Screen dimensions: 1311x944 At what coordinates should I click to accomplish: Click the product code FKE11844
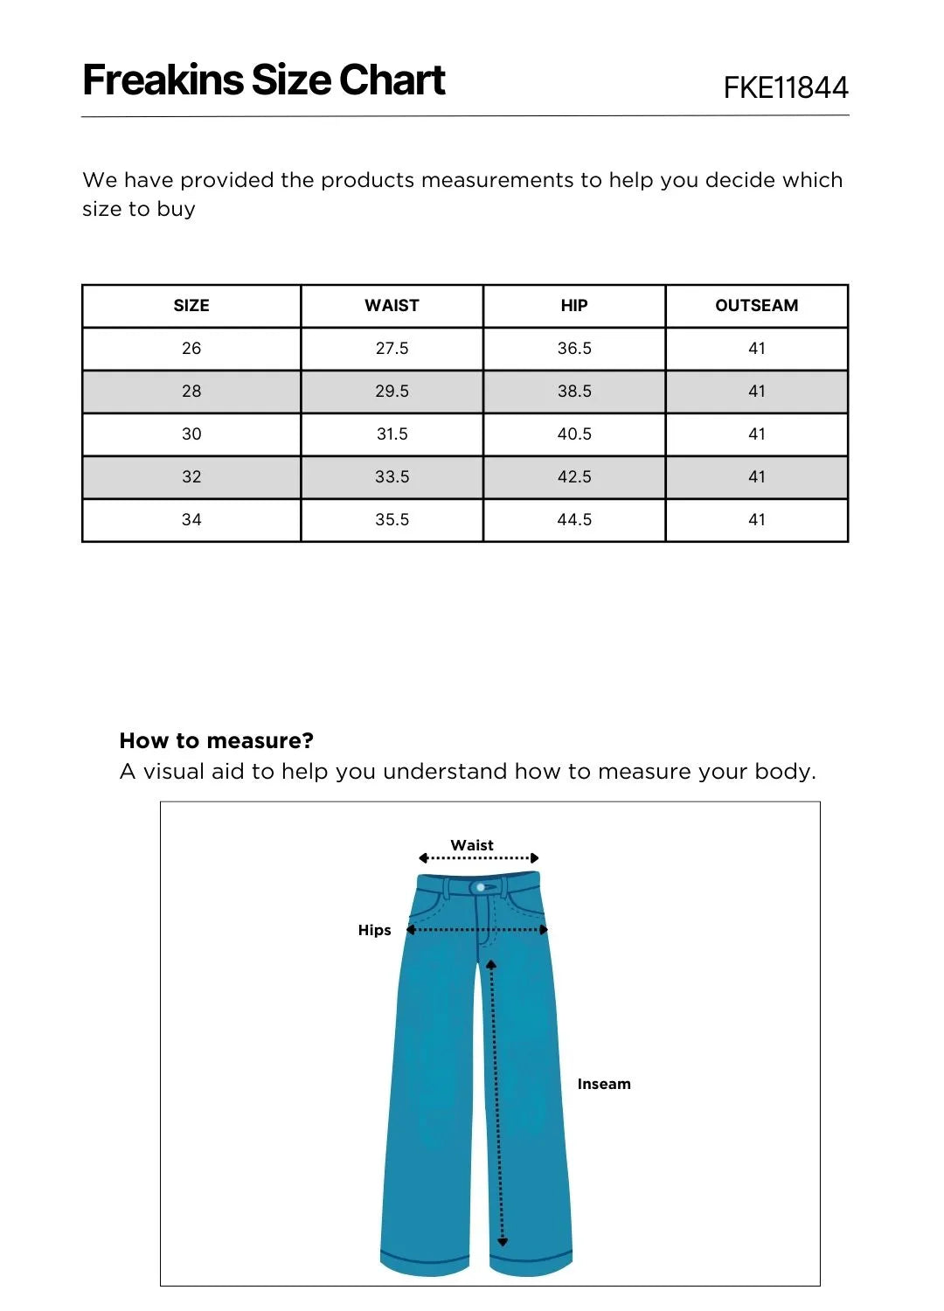point(785,87)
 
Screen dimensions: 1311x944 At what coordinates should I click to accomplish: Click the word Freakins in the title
point(163,80)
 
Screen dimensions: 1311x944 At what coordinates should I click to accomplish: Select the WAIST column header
point(392,306)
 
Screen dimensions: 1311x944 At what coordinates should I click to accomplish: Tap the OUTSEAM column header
point(756,306)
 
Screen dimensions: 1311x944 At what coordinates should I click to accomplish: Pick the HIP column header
point(574,306)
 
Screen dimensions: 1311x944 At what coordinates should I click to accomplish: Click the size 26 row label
point(191,349)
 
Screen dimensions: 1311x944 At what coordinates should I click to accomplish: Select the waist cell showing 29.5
point(392,392)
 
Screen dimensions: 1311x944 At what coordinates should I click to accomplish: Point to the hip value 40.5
point(574,434)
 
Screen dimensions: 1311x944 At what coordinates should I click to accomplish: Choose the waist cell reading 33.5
point(392,477)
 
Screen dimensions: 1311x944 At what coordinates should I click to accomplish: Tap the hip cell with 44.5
point(574,520)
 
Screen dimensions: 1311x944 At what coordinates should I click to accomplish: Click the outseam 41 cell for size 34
point(756,520)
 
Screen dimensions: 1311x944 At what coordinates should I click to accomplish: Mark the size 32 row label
point(191,477)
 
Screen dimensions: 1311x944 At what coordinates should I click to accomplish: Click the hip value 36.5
point(574,349)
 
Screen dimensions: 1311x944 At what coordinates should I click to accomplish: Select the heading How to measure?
point(216,741)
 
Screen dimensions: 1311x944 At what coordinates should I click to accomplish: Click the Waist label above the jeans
point(472,845)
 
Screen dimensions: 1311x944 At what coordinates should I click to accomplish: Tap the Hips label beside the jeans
point(374,930)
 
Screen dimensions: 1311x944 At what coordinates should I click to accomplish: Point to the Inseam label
point(603,1084)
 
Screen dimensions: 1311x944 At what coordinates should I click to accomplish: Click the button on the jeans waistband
point(481,887)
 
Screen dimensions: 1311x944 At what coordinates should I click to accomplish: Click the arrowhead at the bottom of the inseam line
point(503,1241)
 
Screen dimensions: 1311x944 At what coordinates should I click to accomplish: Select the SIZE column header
point(191,306)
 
